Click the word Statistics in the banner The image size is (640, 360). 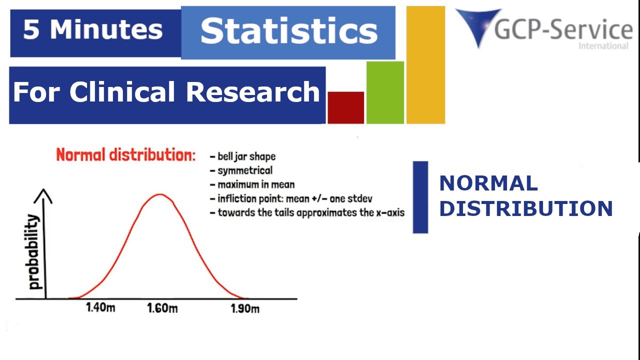click(288, 31)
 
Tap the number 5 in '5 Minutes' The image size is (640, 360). click(31, 30)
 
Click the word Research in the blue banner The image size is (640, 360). click(253, 92)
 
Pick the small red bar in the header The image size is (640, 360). click(345, 107)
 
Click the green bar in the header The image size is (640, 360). click(385, 92)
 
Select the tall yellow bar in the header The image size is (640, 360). click(425, 65)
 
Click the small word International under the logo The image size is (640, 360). click(603, 46)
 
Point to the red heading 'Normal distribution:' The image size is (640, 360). click(125, 155)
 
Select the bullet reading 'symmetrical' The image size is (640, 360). click(244, 170)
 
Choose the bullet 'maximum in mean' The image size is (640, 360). click(255, 184)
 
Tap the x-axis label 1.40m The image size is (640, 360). click(100, 307)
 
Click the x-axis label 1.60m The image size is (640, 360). click(162, 308)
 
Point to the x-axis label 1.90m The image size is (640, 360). click(245, 308)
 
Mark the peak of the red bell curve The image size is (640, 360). click(159, 194)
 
